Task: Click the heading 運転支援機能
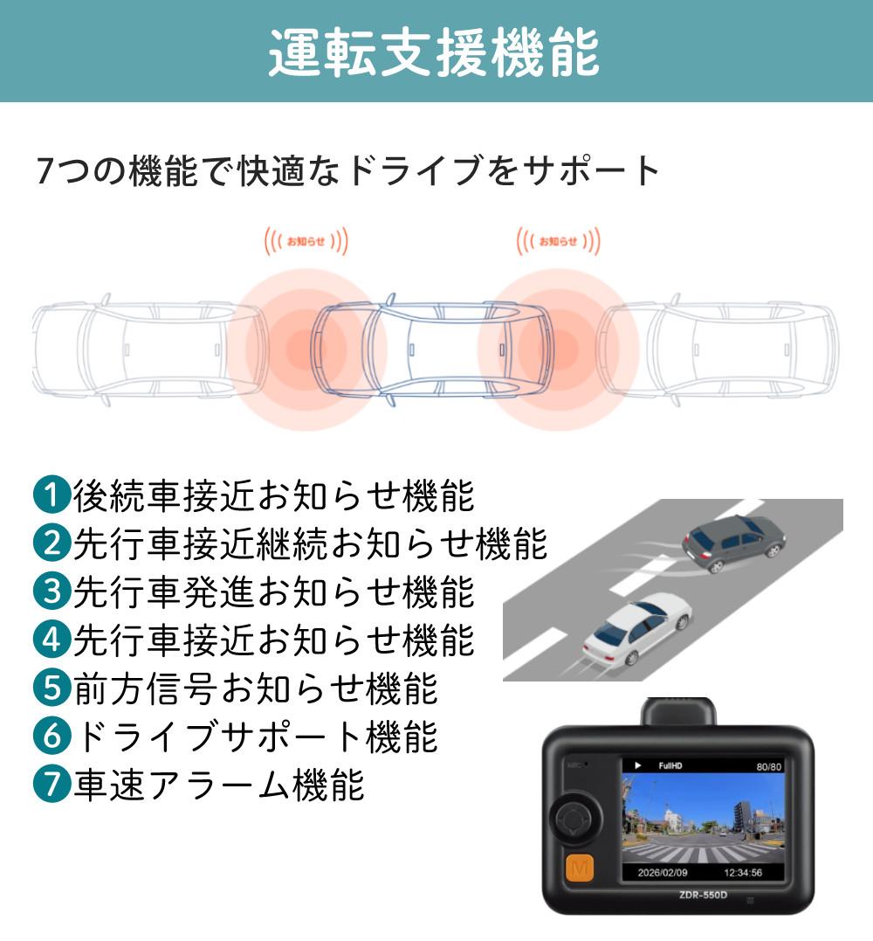tap(434, 52)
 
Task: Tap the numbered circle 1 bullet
tap(52, 495)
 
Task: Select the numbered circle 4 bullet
tap(52, 640)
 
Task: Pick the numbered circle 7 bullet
tap(52, 783)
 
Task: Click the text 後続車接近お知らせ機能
tap(274, 495)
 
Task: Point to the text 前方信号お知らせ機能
tap(256, 688)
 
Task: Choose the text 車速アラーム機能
tap(219, 784)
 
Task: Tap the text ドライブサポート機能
tap(256, 736)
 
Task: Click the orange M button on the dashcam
tap(579, 868)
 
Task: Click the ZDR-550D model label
tap(703, 895)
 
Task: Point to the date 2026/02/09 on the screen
tap(663, 873)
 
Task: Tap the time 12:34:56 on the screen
tap(743, 873)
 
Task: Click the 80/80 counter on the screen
tap(768, 766)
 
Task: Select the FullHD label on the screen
tap(670, 765)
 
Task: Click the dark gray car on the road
tap(734, 542)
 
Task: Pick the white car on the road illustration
tap(637, 629)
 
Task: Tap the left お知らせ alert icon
tap(306, 241)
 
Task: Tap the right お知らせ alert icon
tap(558, 241)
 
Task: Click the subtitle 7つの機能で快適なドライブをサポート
tap(347, 170)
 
